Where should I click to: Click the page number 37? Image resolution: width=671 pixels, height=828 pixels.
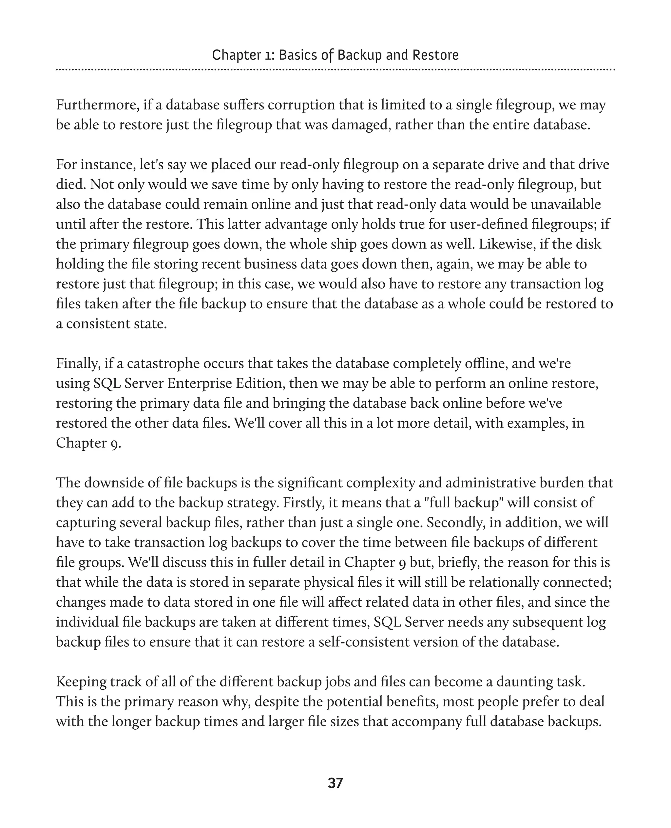(335, 783)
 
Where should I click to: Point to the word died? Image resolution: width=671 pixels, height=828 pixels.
(71, 185)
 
